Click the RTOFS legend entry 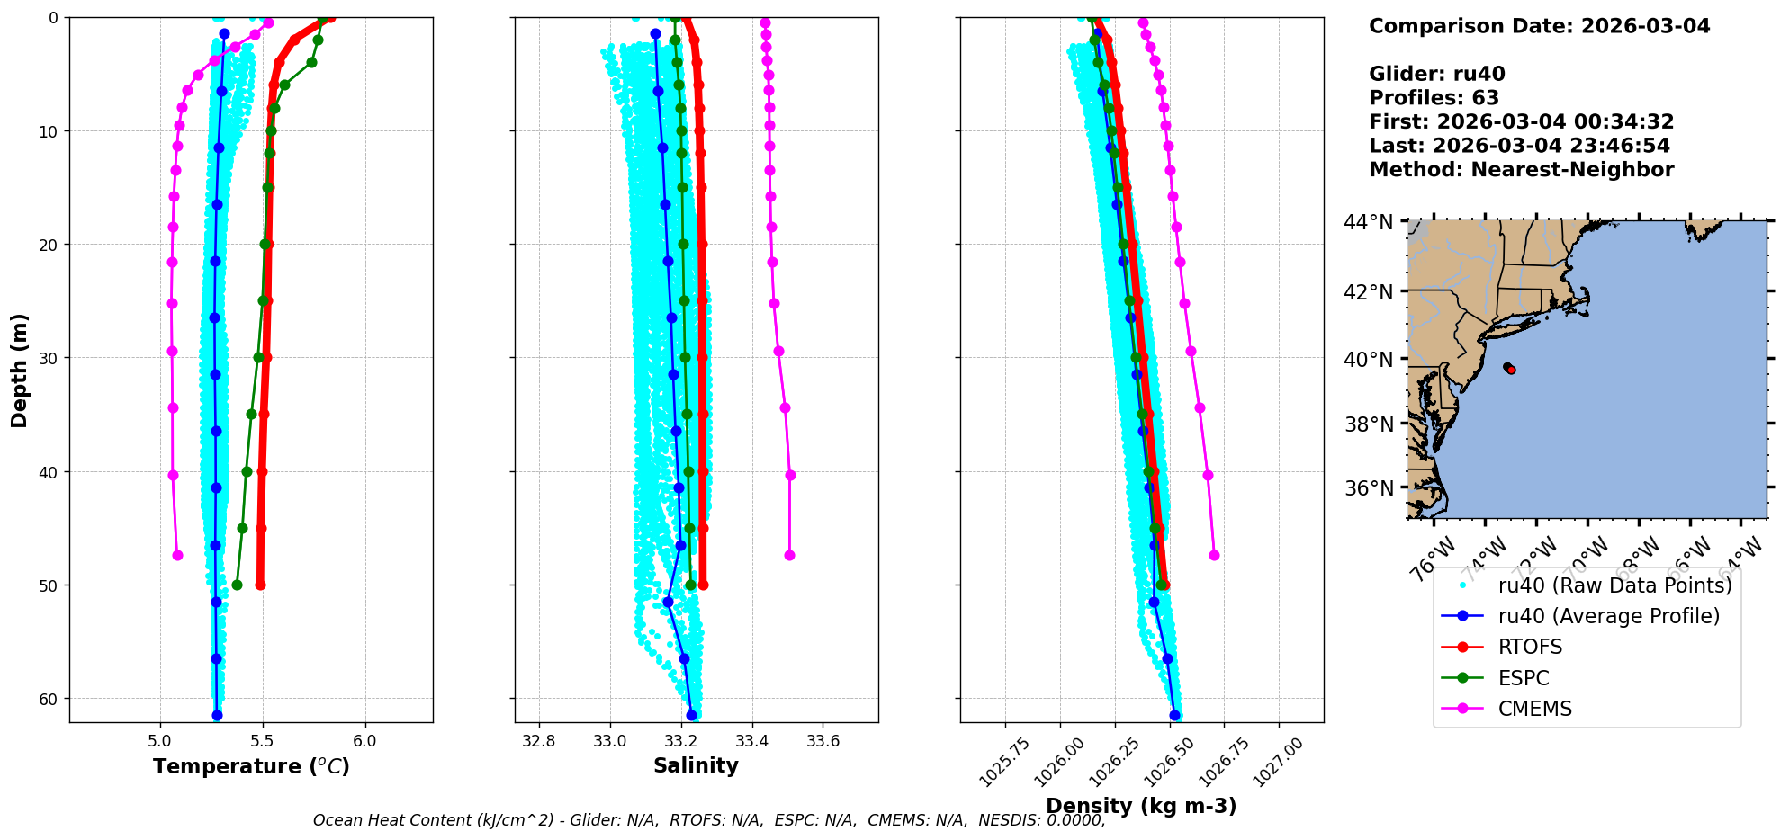pos(1530,648)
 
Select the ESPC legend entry pos(1524,678)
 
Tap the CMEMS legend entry pos(1534,709)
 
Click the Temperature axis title pos(251,767)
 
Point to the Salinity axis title pos(696,766)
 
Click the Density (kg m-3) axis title pos(1141,806)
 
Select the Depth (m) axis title pos(20,371)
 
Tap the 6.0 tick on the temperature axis pos(364,742)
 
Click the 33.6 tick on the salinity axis pos(823,742)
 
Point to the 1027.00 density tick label pos(1279,763)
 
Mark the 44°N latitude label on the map pos(1368,222)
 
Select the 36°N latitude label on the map pos(1368,488)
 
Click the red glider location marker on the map pos(1511,370)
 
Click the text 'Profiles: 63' pos(1434,98)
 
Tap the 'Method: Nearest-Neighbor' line pos(1521,170)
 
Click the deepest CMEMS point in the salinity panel pos(789,555)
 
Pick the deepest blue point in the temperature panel pos(217,715)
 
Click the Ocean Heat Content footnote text pos(708,820)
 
